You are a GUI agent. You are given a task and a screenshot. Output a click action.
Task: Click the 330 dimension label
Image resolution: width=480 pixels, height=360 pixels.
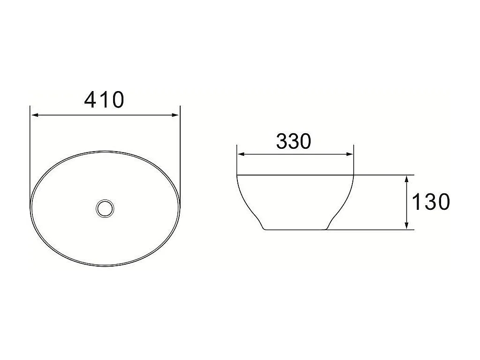click(294, 141)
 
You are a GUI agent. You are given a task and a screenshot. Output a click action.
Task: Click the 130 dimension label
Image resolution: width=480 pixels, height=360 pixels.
click(431, 202)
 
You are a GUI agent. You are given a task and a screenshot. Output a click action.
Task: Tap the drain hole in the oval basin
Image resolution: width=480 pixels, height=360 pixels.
click(104, 208)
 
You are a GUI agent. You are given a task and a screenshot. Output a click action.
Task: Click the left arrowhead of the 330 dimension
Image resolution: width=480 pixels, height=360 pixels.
click(240, 154)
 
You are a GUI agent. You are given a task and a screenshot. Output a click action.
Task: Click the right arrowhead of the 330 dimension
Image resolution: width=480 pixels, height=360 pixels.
click(350, 154)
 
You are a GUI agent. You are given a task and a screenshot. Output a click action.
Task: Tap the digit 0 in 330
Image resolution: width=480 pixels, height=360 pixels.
click(305, 141)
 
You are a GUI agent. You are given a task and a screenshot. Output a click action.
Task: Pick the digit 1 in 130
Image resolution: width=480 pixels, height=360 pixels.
click(416, 202)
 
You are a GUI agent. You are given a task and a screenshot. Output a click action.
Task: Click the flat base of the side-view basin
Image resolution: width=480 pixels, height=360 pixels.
click(296, 230)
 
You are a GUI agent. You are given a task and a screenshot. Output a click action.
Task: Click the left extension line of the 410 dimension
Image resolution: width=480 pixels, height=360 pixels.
click(30, 155)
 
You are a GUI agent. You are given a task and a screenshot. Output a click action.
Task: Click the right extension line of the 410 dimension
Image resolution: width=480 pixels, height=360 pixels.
click(180, 155)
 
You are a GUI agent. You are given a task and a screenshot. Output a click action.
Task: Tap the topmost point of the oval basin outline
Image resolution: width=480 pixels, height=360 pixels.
click(104, 151)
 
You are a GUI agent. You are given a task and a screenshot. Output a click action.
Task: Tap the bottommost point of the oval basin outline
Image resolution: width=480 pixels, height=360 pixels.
click(104, 266)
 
